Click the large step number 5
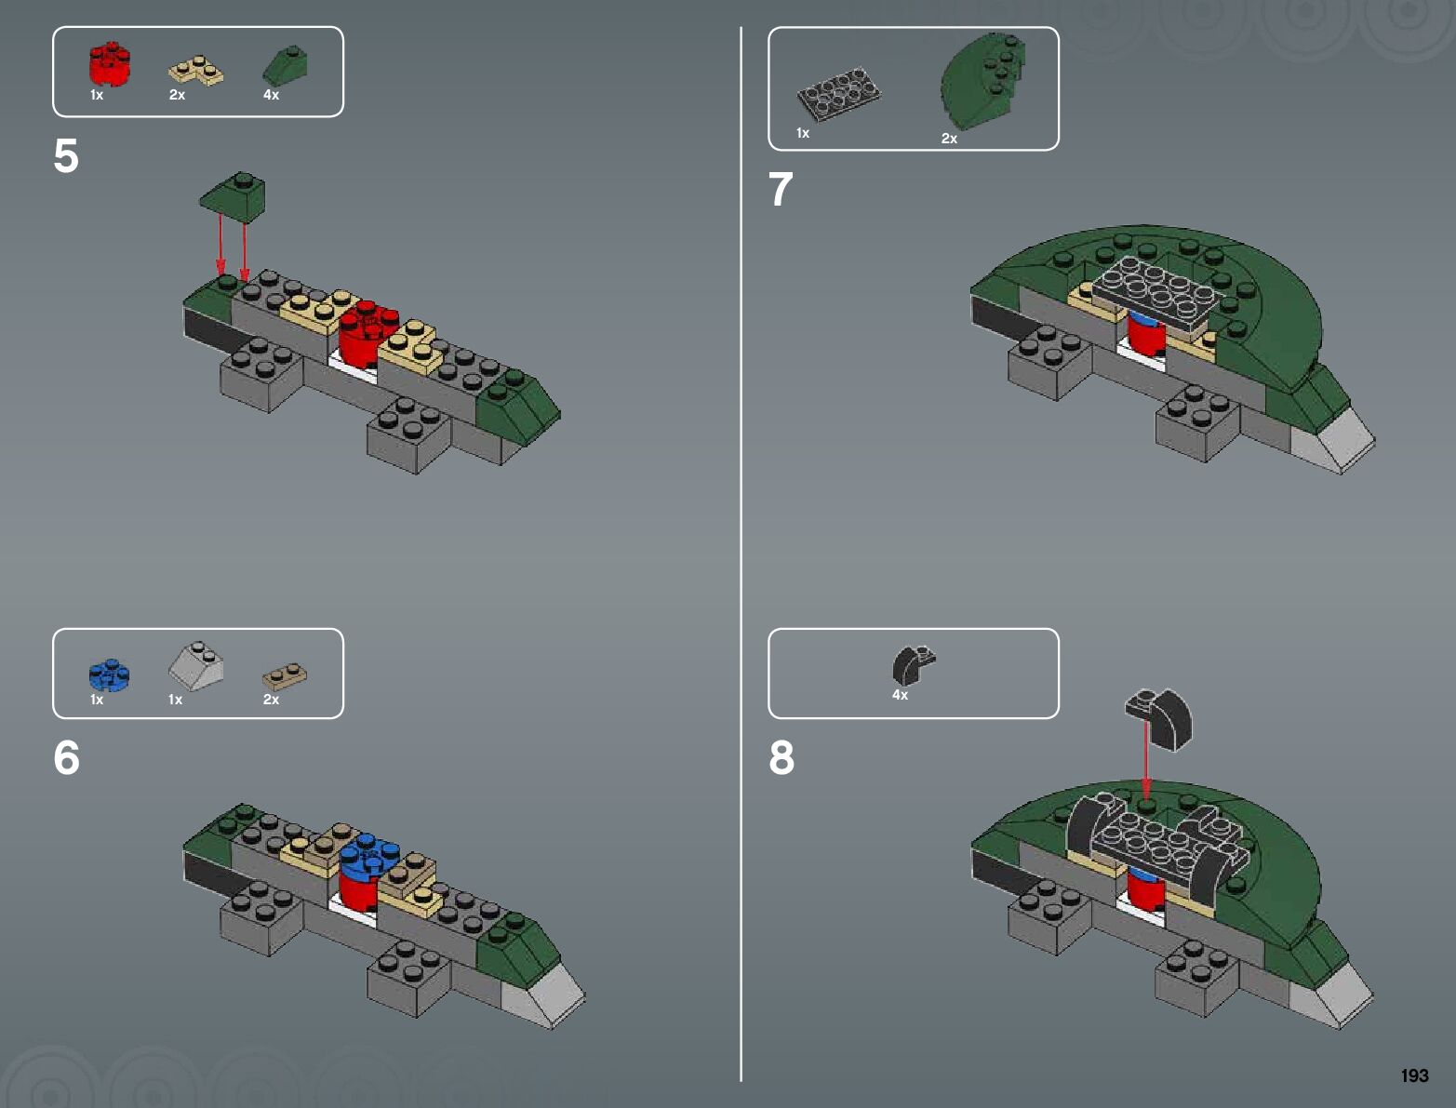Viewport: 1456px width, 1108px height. (x=66, y=156)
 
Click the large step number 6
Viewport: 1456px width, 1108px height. (x=66, y=757)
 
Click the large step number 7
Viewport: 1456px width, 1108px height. (x=781, y=189)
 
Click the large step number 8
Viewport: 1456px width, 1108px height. (x=781, y=757)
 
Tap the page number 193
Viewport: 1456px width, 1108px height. (x=1414, y=1075)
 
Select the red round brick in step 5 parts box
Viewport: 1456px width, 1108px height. (x=110, y=64)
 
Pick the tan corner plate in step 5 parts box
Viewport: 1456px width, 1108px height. (x=196, y=71)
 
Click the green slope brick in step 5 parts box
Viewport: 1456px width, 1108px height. (x=286, y=65)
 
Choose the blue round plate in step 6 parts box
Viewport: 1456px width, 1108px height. (x=110, y=675)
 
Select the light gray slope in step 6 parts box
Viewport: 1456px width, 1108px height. (x=195, y=666)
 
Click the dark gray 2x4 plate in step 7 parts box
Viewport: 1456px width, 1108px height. (x=838, y=94)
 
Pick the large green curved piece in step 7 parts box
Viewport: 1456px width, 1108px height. (x=982, y=81)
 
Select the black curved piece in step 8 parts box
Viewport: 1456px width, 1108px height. (x=914, y=665)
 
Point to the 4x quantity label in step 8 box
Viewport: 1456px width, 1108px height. (x=900, y=695)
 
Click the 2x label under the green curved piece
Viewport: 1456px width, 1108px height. (x=949, y=139)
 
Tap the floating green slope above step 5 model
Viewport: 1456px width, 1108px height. (x=233, y=197)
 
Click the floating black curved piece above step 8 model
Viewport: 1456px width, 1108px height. (x=1159, y=719)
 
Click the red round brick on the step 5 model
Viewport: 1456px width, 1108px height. (x=367, y=334)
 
